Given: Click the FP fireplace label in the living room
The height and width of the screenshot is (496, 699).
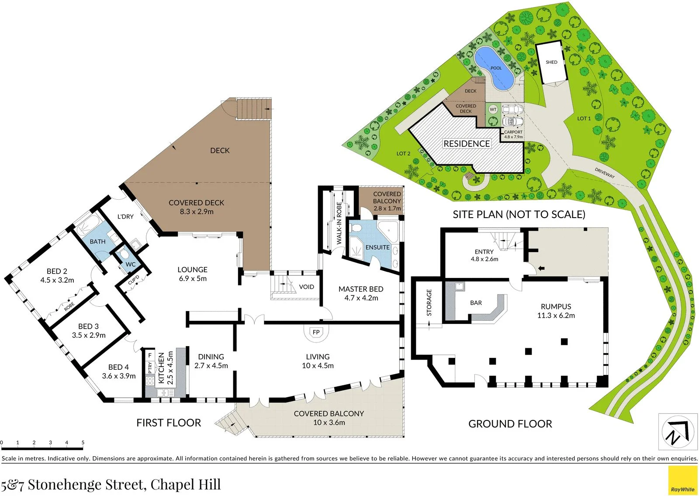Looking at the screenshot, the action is tap(316, 332).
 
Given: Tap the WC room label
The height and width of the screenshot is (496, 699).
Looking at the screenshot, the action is tap(131, 264).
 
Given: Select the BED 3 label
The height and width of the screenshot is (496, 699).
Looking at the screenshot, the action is tap(88, 326).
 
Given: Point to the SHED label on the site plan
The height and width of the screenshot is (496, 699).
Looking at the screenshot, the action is tap(551, 62).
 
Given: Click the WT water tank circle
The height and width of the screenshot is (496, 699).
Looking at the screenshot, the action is tap(493, 110).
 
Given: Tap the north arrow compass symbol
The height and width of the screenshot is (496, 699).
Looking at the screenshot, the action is tap(675, 432).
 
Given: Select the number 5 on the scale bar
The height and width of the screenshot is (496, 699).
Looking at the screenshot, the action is tap(83, 442).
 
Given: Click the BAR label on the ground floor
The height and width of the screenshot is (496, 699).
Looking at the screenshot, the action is tap(476, 303).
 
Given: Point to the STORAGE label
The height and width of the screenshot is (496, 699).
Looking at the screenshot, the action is tap(429, 302).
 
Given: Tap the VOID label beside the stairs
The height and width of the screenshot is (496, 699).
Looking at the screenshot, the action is tap(306, 287).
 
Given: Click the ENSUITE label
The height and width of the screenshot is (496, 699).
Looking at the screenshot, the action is tap(377, 247).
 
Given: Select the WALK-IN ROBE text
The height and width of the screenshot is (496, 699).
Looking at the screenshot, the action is tap(339, 223).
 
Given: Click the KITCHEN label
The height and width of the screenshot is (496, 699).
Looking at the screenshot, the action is tap(161, 368).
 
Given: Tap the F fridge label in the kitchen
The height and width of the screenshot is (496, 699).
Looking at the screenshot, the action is tap(150, 355).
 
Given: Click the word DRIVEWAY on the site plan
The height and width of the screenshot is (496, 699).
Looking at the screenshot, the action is tap(605, 173).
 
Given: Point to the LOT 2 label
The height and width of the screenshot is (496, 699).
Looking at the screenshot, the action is tap(404, 153).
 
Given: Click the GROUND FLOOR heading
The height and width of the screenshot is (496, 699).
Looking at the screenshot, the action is tap(510, 424).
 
